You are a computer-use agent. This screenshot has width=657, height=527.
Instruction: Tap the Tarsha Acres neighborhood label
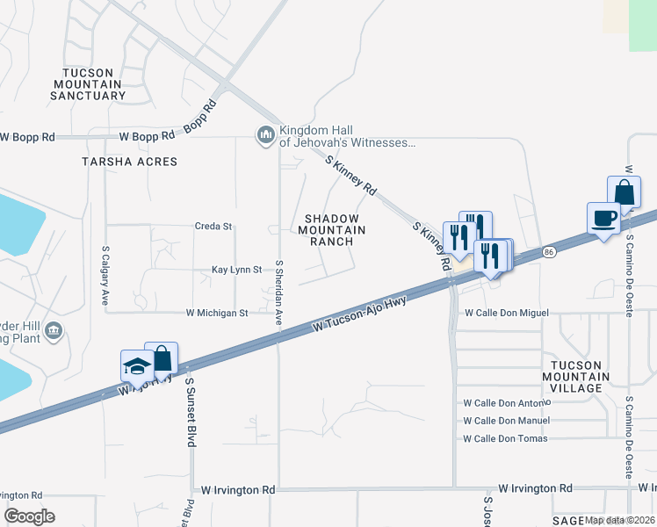129,162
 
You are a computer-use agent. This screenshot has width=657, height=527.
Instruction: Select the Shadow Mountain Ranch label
331,229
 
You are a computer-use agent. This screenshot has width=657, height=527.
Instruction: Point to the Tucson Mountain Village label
575,376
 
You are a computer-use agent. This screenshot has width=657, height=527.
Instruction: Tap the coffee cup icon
603,218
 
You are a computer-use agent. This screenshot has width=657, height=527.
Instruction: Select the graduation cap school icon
136,365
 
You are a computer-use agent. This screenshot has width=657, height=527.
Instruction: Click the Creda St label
213,226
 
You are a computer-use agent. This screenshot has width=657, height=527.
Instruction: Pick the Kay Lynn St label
236,270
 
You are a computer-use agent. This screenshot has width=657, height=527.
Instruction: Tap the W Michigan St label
217,312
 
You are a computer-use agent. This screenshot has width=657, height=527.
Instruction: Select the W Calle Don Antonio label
506,403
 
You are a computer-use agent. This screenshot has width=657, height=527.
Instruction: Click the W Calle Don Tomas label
505,438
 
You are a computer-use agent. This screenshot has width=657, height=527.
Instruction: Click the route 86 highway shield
549,251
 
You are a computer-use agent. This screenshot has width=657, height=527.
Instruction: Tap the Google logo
29,516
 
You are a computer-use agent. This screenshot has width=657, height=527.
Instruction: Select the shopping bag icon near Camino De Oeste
623,191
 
